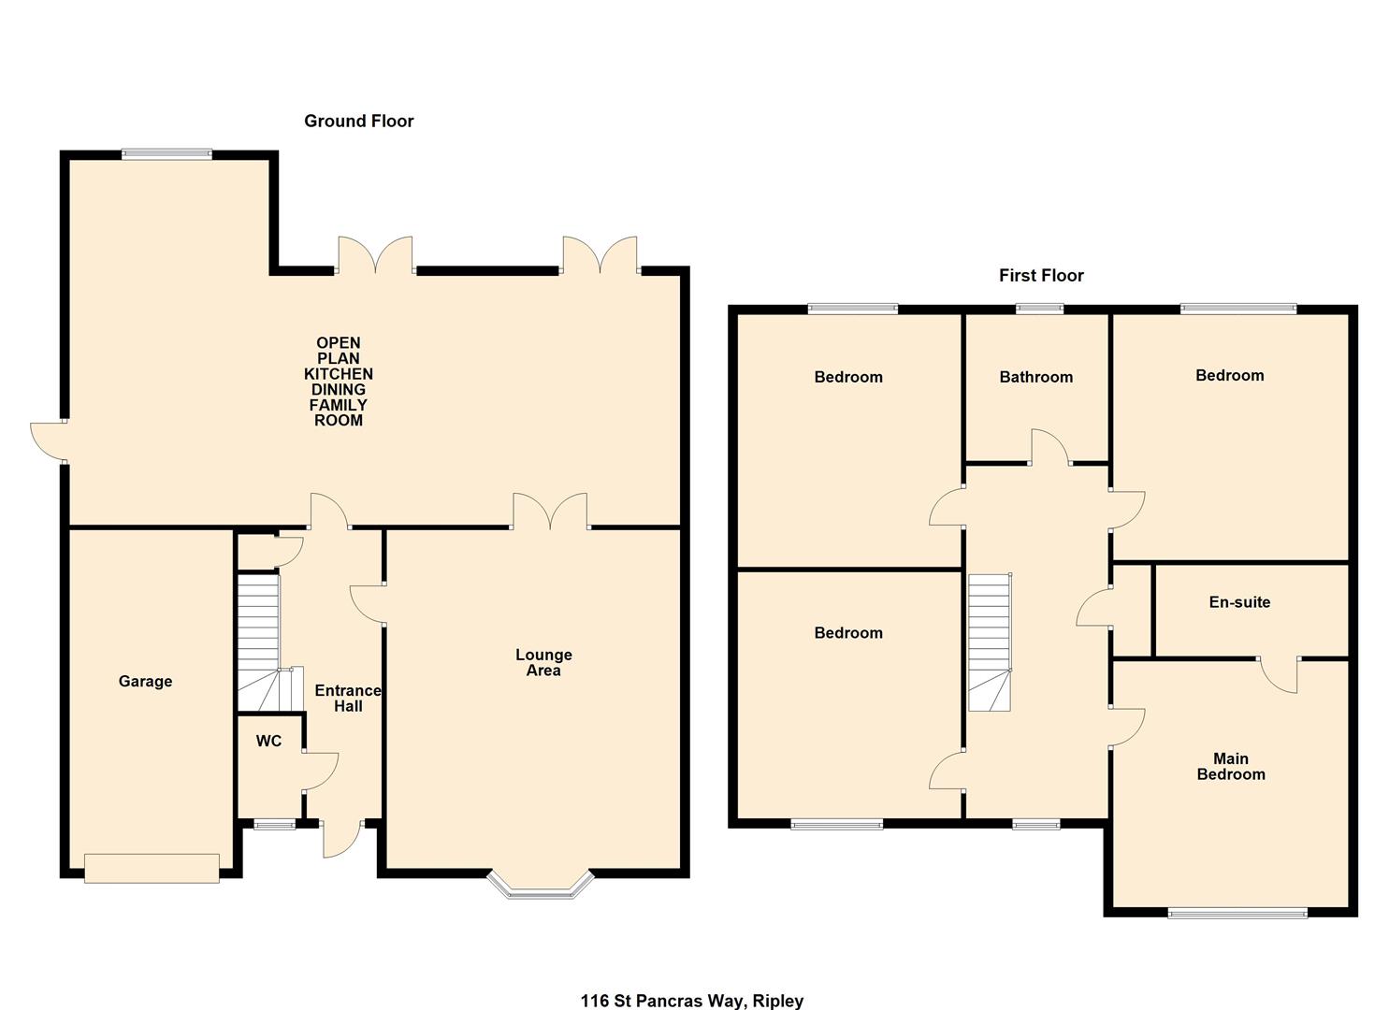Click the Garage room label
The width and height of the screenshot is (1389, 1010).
(x=145, y=682)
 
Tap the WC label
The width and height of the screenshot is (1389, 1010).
(x=268, y=742)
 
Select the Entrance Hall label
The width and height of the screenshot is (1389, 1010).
(x=348, y=699)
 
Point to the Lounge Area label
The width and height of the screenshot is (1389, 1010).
(x=543, y=663)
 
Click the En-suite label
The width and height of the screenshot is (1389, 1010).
(x=1239, y=602)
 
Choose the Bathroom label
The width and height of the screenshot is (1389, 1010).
(x=1035, y=377)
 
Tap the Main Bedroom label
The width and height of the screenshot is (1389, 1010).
(x=1231, y=767)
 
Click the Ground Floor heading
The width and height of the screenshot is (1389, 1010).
(x=358, y=121)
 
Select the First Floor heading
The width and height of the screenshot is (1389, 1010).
(x=1041, y=275)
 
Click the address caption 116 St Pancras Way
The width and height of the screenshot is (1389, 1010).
(x=691, y=1001)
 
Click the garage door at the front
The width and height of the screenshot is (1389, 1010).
(x=152, y=867)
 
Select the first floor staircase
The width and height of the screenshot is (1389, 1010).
(x=990, y=642)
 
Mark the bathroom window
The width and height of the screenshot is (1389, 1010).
(x=1039, y=308)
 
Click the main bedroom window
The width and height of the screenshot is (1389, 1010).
(x=1237, y=913)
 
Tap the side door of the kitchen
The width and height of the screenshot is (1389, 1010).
(x=49, y=440)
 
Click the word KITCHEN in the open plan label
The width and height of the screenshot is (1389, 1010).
(x=338, y=374)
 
